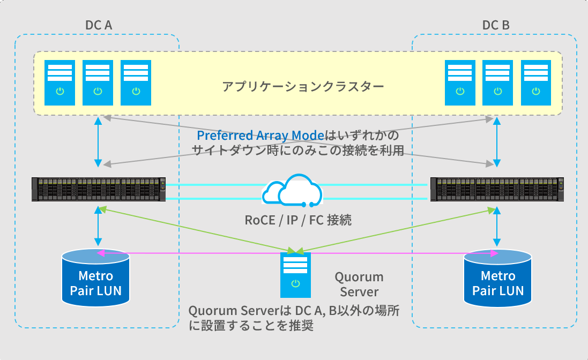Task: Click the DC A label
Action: click(x=99, y=25)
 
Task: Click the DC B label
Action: click(x=496, y=25)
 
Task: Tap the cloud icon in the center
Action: click(x=293, y=191)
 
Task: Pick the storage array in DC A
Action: click(x=98, y=189)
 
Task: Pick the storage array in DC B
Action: click(x=497, y=189)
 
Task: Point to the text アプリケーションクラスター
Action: click(x=303, y=86)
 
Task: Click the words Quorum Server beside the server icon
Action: click(x=359, y=284)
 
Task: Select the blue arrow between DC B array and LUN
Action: click(x=498, y=225)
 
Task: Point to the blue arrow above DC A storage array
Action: click(x=98, y=141)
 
